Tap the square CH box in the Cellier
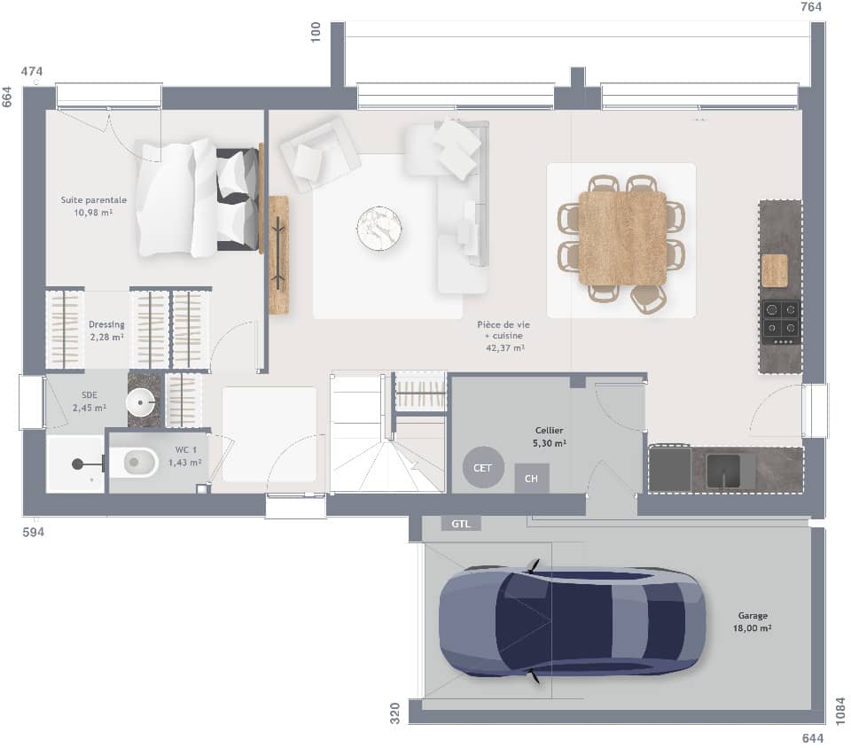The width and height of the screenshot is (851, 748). point(532,479)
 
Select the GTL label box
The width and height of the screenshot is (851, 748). point(461,524)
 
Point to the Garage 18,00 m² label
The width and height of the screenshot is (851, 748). point(753,621)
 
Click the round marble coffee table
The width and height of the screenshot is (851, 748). point(379,229)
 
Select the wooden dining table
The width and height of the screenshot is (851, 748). point(622,238)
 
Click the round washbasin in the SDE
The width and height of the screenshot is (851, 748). point(142,402)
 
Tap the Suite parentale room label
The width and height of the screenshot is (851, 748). point(93,206)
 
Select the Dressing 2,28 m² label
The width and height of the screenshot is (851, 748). point(106,331)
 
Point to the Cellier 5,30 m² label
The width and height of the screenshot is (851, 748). point(550,436)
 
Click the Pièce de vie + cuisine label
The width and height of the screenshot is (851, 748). point(504,336)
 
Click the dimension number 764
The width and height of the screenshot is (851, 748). point(812,8)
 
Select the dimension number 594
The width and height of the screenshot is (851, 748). point(33,532)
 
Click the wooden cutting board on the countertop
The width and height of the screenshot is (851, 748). point(775,270)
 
